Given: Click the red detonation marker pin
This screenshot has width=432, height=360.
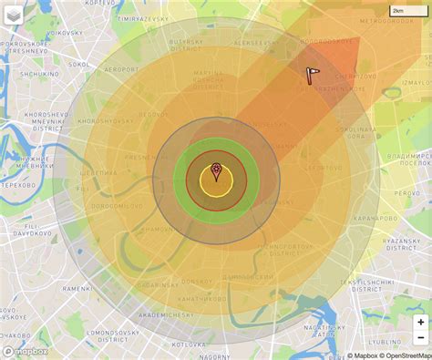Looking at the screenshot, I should (216, 170).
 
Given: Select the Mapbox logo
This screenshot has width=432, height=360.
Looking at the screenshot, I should (26, 350).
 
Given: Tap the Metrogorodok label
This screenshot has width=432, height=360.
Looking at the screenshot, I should (386, 22).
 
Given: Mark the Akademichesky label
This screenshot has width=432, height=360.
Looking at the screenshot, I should (166, 314).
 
